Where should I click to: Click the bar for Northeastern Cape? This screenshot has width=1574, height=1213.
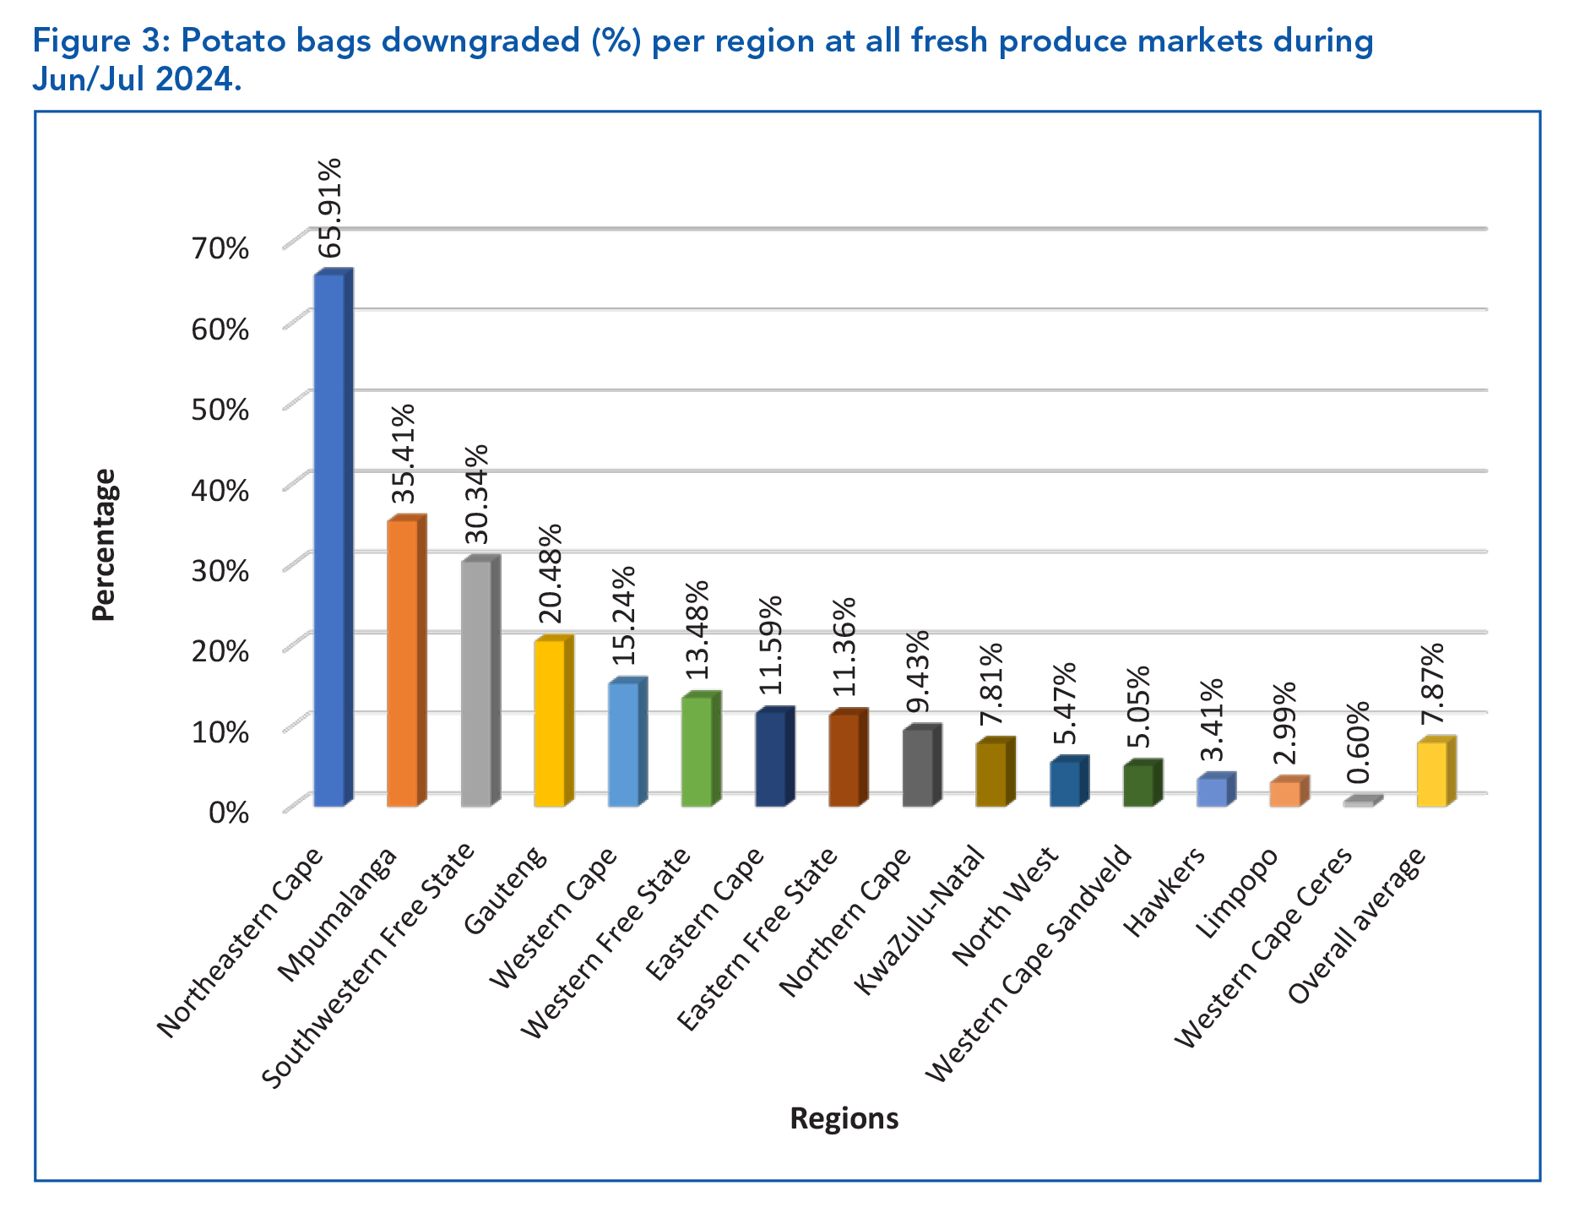(x=329, y=541)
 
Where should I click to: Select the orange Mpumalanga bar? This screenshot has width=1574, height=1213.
(x=402, y=664)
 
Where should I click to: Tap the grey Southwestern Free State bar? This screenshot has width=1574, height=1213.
(x=475, y=684)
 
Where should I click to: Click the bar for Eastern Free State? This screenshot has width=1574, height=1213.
(x=844, y=760)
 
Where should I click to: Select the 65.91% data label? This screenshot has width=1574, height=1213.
(x=330, y=207)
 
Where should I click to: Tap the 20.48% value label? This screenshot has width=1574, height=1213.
(x=550, y=574)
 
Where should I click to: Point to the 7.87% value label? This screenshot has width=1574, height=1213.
(x=1432, y=684)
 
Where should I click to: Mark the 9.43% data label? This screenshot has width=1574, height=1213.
(x=918, y=672)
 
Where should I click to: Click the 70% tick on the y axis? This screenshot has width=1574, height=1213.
(x=220, y=248)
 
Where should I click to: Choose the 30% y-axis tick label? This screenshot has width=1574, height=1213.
(x=220, y=570)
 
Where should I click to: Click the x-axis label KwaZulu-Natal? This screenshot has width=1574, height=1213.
(x=920, y=921)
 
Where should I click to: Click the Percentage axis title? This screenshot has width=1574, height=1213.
(x=103, y=545)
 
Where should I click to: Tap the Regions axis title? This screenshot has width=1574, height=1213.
(x=844, y=1118)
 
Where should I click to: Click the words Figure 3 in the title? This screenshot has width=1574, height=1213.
(x=93, y=41)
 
